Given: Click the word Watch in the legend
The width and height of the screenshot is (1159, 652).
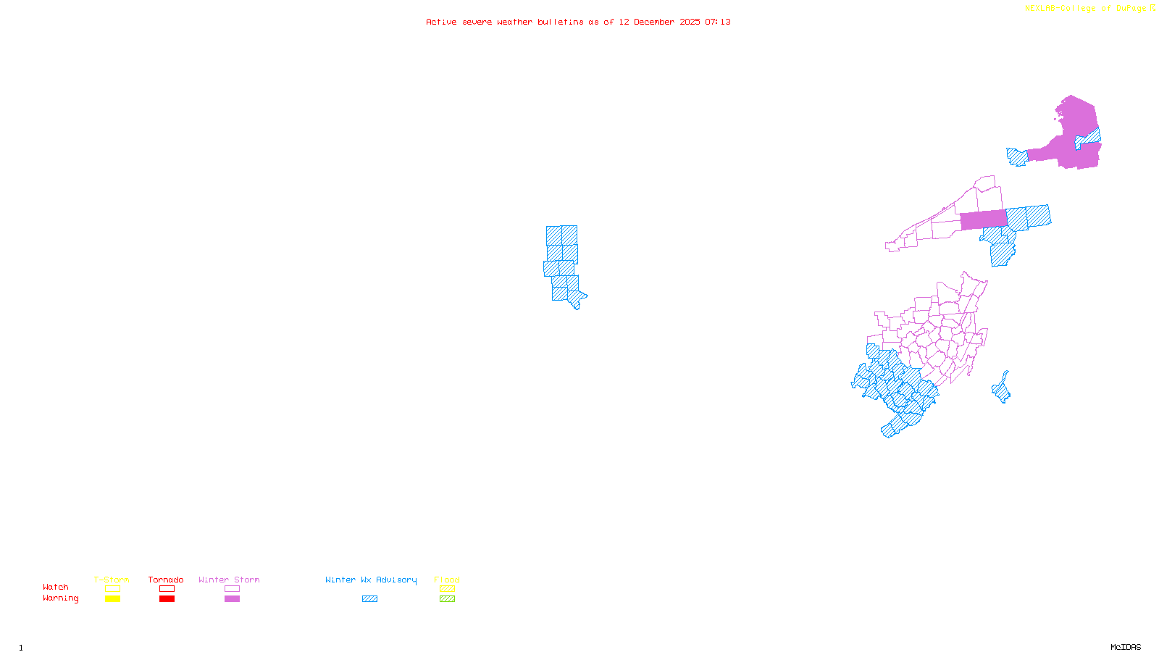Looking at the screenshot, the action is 56,588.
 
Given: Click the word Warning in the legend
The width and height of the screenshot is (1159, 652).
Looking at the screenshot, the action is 61,598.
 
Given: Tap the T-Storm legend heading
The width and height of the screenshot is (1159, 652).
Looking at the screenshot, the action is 112,580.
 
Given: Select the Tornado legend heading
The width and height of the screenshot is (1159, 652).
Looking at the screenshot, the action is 166,580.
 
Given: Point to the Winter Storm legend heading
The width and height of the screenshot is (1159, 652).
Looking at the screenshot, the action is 229,580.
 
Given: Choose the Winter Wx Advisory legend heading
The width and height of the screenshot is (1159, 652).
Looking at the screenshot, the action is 371,580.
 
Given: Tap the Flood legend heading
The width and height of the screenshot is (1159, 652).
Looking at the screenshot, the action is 447,580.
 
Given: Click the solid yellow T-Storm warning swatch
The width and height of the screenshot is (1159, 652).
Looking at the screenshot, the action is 112,599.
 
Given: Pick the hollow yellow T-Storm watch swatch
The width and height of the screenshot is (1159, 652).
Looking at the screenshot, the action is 112,589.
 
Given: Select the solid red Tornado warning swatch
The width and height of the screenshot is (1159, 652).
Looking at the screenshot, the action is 167,599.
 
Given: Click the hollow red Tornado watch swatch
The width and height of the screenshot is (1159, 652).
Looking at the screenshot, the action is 167,589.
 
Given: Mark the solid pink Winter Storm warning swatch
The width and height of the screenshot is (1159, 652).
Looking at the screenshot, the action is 232,599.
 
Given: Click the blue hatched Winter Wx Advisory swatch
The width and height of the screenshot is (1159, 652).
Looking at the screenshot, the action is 369,599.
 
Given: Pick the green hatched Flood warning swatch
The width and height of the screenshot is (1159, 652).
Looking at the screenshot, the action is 447,599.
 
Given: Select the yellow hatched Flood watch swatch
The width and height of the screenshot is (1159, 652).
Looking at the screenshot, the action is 447,589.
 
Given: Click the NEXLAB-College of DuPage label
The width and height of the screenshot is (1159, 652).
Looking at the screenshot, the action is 1086,9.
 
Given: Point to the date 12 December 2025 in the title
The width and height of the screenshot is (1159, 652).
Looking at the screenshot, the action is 659,22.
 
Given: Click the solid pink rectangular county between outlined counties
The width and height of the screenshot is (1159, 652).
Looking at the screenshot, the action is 983,220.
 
